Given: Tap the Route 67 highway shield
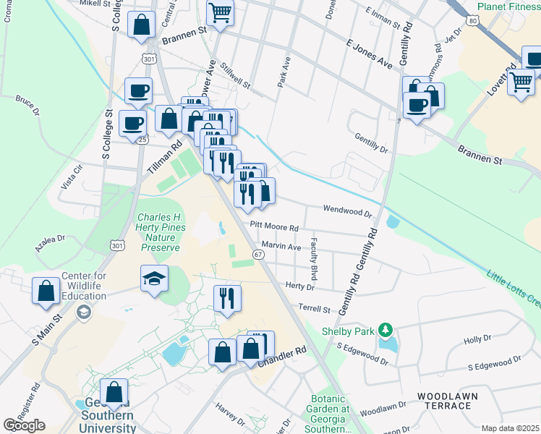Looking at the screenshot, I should click(257, 254).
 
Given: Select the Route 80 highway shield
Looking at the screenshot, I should click(472, 21).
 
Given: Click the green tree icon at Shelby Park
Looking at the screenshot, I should click(385, 331).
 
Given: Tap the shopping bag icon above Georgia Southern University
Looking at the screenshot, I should click(114, 392).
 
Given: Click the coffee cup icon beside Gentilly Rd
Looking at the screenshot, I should click(417, 104).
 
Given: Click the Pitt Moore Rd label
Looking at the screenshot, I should click(274, 227).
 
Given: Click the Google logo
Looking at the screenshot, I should click(24, 425).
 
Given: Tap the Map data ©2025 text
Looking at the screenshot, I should click(509, 428).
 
